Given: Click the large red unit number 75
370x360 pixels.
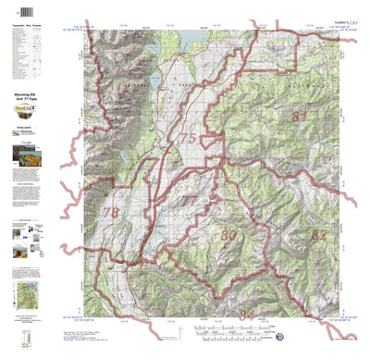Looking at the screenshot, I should click(x=188, y=139).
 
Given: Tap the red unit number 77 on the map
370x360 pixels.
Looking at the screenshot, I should click(x=188, y=200).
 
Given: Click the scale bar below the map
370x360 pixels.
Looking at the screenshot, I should click(x=227, y=330).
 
